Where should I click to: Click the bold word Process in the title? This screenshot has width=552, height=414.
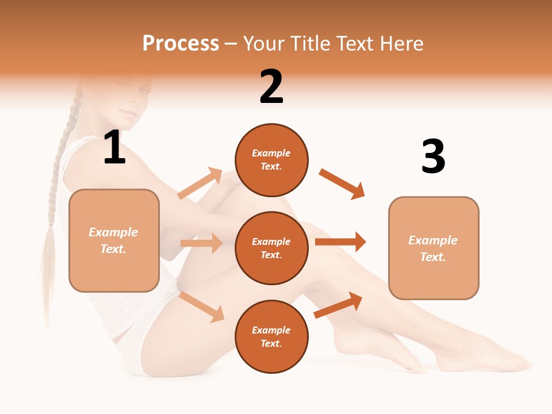181,44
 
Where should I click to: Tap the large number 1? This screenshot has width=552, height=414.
114,148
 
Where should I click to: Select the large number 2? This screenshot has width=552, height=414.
271,87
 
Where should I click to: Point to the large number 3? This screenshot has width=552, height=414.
433,156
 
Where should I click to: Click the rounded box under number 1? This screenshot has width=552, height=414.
114,240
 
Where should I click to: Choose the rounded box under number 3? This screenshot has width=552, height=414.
434,248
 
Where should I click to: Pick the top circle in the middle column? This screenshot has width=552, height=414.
271,159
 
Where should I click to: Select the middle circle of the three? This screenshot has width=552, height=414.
271,248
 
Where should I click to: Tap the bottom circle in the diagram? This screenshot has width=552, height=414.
271,336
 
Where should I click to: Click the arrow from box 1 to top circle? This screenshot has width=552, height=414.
200,183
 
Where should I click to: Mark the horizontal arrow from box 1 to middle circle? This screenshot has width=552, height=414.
201,243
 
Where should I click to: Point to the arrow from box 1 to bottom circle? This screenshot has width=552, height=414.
202,307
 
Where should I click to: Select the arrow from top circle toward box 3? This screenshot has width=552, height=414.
342,183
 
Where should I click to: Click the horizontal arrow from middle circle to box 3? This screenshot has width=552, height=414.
340,242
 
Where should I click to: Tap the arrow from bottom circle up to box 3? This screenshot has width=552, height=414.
338,305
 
